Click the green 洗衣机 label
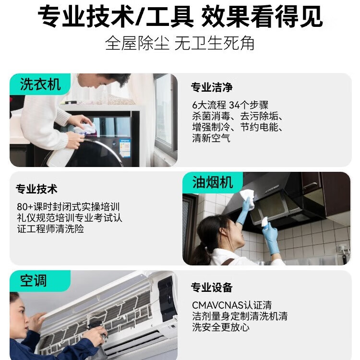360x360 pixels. point(40,84)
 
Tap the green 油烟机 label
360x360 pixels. point(213,182)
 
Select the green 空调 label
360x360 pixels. point(34,280)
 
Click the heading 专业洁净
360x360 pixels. point(212,87)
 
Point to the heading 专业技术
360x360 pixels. point(36,189)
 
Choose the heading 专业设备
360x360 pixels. point(212,288)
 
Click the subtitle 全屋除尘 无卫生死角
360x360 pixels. point(180,43)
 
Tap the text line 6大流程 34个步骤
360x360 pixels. point(230,105)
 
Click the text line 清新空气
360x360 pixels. point(211,138)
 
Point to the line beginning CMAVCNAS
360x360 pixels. point(232,305)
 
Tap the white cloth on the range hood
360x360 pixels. point(247,195)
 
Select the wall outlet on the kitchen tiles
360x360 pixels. point(343,249)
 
